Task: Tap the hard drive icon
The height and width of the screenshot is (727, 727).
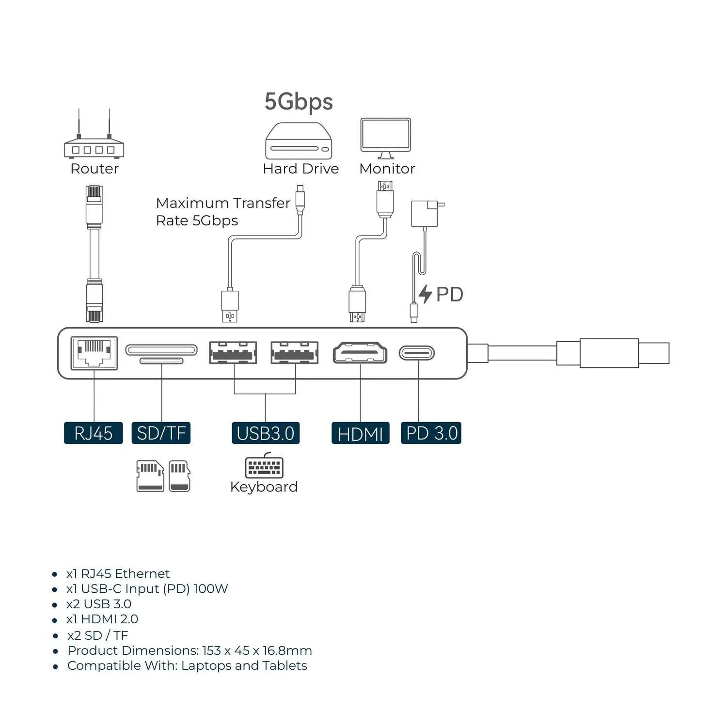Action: (299, 142)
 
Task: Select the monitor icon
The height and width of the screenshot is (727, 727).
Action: (386, 138)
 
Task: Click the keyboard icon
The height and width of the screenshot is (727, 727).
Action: (264, 467)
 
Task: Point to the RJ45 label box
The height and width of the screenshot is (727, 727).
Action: (93, 433)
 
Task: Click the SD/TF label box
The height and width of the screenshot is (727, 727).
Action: (161, 433)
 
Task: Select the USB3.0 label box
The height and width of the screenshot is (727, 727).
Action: (265, 433)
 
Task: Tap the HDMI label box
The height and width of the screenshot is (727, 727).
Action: (360, 433)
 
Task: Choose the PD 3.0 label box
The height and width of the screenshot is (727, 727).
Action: (431, 433)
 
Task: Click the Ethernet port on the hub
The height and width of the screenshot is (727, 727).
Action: (94, 353)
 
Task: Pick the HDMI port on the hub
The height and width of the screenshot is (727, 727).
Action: (360, 353)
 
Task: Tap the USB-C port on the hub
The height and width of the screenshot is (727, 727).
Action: (417, 353)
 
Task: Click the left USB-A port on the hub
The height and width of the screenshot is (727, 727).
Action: (233, 353)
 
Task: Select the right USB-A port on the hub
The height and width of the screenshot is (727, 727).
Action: (295, 353)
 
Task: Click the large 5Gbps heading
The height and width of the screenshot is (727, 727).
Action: (299, 102)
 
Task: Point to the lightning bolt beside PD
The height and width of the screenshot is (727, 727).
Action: (425, 294)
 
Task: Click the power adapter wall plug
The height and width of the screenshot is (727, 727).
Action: (425, 213)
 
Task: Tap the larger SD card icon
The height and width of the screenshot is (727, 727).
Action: (150, 476)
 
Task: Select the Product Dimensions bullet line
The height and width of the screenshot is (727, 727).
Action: (190, 650)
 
